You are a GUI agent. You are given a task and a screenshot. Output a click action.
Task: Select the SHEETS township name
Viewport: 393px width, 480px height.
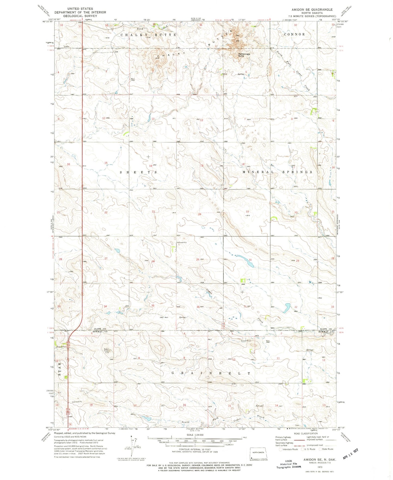pyautogui.click(x=138, y=172)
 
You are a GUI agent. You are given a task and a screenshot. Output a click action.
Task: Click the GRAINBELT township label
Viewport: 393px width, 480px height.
pyautogui.click(x=211, y=373)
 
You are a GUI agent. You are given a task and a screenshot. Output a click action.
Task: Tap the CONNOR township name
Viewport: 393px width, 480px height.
pyautogui.click(x=294, y=34)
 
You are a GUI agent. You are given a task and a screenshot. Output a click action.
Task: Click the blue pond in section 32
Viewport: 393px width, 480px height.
pyautogui.click(x=287, y=308)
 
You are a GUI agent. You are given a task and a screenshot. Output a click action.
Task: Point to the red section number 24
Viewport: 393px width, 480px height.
pyautogui.click(x=200, y=214)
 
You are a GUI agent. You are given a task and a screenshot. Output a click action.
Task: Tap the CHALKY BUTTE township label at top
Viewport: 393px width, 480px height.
pyautogui.click(x=148, y=35)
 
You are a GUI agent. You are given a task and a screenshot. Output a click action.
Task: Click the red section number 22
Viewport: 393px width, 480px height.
pyautogui.click(x=106, y=212)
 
